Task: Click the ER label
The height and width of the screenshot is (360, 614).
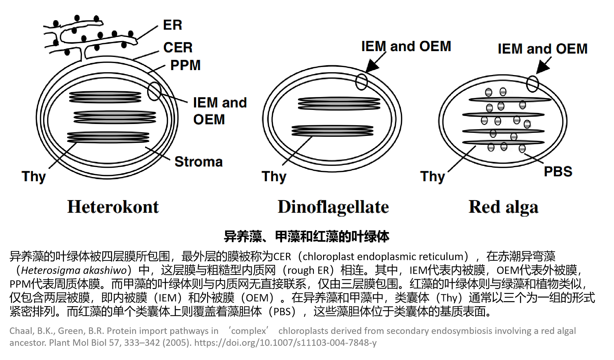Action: (x=172, y=25)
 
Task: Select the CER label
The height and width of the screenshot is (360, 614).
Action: (x=178, y=48)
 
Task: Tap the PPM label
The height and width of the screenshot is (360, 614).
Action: (x=185, y=65)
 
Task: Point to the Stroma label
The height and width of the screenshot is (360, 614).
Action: (x=198, y=162)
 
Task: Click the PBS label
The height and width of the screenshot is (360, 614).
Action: (x=558, y=171)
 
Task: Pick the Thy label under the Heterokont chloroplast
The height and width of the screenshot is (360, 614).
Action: (x=34, y=177)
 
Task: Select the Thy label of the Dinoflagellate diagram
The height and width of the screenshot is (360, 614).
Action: (x=274, y=177)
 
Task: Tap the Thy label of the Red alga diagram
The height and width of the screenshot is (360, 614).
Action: (x=432, y=177)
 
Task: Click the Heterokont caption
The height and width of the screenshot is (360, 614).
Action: (x=113, y=207)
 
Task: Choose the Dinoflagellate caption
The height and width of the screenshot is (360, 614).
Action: (x=333, y=207)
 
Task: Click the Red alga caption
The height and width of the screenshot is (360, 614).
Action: (x=503, y=207)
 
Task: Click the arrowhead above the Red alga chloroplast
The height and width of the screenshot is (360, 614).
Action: (x=542, y=67)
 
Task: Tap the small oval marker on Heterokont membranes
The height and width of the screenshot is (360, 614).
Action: (x=154, y=91)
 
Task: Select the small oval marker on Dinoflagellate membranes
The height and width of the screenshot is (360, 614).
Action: (x=361, y=82)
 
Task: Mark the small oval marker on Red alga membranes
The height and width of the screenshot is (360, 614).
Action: (x=532, y=84)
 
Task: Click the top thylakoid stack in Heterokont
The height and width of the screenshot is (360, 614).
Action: (x=105, y=97)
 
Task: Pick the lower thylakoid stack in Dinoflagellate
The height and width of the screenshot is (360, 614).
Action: (x=332, y=131)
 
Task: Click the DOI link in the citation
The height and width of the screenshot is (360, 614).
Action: (x=285, y=343)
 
